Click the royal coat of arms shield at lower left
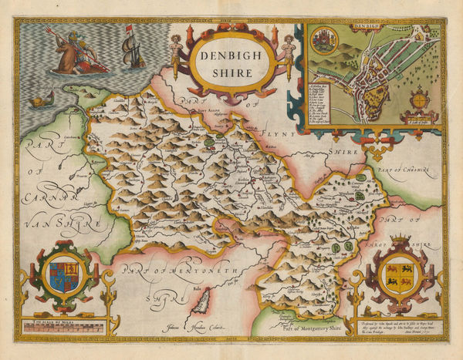coord(63,275)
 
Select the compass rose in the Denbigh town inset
coord(418,101)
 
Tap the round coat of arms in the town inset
coord(322,40)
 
